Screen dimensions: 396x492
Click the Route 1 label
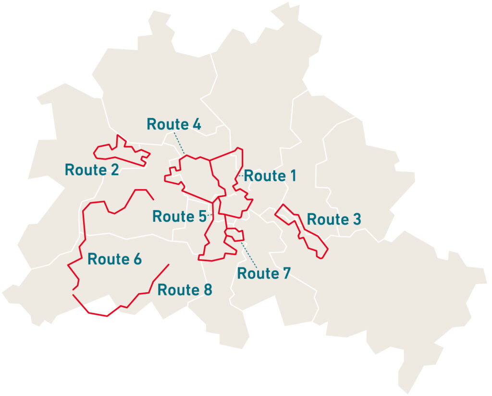pyautogui.click(x=270, y=176)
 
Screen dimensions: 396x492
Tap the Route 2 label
pyautogui.click(x=91, y=170)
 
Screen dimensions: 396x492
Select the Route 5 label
pyautogui.click(x=179, y=216)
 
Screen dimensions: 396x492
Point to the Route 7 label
pyautogui.click(x=264, y=274)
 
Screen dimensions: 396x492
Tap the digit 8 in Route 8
pyautogui.click(x=207, y=290)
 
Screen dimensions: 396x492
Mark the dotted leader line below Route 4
pyautogui.click(x=179, y=143)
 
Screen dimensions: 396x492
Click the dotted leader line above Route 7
pyautogui.click(x=249, y=254)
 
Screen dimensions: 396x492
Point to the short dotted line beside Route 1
pyautogui.click(x=240, y=176)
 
